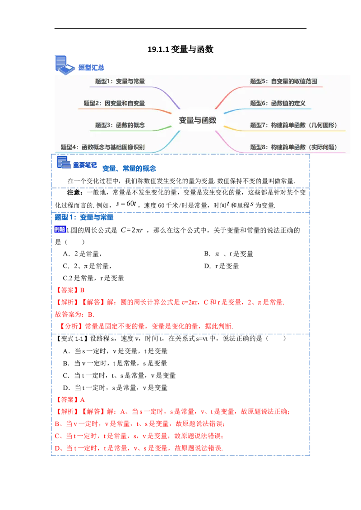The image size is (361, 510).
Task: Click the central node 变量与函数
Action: (x=198, y=120)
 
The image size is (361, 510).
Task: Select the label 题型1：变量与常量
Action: (x=120, y=82)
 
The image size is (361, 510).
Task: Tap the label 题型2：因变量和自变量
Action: (x=114, y=103)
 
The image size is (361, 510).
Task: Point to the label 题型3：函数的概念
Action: (x=120, y=125)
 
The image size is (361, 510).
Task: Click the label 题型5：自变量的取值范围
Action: (x=283, y=82)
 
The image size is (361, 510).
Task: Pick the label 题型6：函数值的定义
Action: (x=278, y=103)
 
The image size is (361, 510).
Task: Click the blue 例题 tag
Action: (x=60, y=229)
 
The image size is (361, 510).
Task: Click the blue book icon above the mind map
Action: (x=63, y=64)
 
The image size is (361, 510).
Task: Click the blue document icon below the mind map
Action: (x=63, y=163)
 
